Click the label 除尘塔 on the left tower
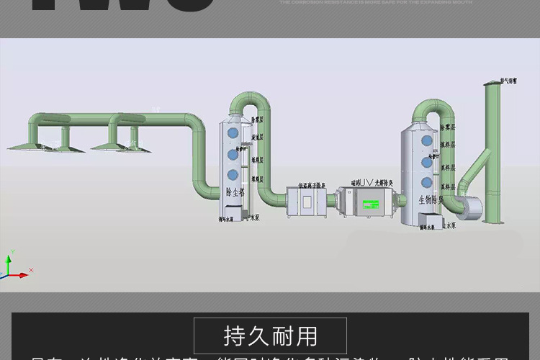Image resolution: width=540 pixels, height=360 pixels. coord(235,193)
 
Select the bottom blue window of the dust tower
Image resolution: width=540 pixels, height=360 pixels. coord(233,175)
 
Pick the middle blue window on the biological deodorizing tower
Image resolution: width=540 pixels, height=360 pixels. coord(427,162)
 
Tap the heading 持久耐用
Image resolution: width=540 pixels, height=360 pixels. coord(270,336)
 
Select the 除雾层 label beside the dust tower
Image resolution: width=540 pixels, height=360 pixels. coord(256,121)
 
